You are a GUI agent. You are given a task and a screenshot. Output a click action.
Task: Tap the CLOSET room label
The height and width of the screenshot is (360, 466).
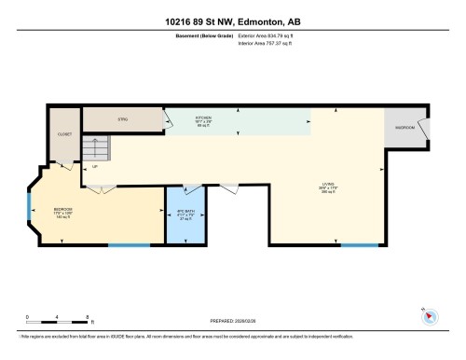tap(65, 134)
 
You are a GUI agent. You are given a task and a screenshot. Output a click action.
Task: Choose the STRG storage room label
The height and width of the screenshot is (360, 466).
tap(122, 119)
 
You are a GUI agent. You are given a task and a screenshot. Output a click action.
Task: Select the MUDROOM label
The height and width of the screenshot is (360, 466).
tap(404, 127)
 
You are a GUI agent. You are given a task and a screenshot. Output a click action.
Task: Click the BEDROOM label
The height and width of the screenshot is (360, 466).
tap(63, 211)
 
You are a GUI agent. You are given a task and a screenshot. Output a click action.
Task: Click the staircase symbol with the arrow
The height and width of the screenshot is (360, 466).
tap(95, 149)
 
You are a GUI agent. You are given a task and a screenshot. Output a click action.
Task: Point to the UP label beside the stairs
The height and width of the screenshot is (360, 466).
tap(95, 167)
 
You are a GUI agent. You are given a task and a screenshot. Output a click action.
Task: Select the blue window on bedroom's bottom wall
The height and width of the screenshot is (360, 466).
tap(129, 245)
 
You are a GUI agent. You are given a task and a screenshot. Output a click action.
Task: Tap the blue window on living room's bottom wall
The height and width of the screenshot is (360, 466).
tap(359, 245)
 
